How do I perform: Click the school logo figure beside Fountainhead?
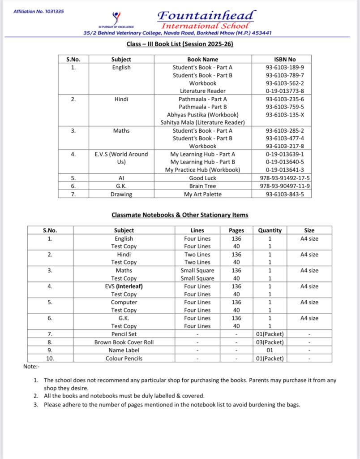point(117,18)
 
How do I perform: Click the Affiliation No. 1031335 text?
point(38,11)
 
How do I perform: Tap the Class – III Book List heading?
point(180,44)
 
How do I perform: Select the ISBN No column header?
point(281,59)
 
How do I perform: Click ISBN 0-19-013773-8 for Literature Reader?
point(281,91)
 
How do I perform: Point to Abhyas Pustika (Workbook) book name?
point(202,115)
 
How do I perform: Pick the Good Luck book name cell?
point(202,178)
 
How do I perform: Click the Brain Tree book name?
point(202,186)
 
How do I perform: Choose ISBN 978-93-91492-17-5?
point(281,178)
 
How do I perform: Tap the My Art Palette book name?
point(202,194)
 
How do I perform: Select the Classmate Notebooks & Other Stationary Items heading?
point(180,215)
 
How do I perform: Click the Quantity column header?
point(270,230)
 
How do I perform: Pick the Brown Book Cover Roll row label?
point(124,342)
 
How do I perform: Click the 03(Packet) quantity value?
point(270,342)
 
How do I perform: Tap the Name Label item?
point(124,350)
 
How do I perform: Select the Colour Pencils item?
point(124,358)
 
